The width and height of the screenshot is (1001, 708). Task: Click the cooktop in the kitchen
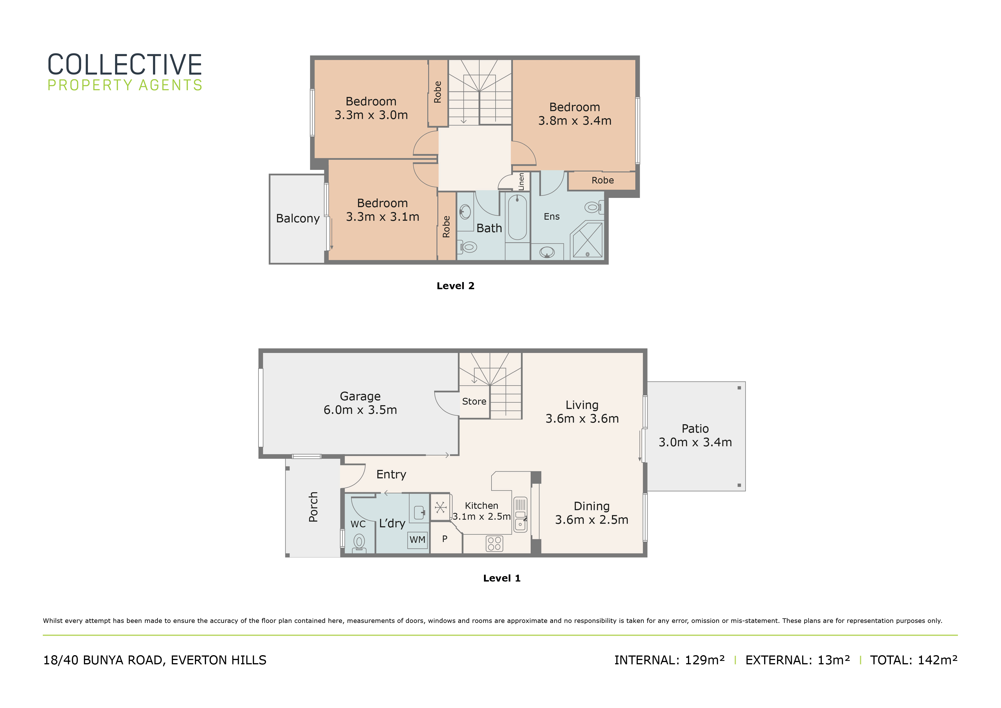(495, 544)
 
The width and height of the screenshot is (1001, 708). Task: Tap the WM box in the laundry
(417, 540)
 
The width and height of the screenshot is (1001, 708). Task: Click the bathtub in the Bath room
(518, 217)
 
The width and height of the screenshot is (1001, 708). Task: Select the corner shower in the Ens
(587, 240)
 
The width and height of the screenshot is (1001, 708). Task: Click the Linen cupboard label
(521, 182)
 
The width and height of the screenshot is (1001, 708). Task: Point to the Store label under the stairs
(474, 401)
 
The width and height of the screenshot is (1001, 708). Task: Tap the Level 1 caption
(502, 578)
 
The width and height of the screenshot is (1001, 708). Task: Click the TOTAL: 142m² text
(914, 660)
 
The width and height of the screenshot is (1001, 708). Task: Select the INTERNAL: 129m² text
(670, 660)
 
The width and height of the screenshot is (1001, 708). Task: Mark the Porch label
(313, 507)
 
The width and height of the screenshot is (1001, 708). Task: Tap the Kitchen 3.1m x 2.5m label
(481, 511)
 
